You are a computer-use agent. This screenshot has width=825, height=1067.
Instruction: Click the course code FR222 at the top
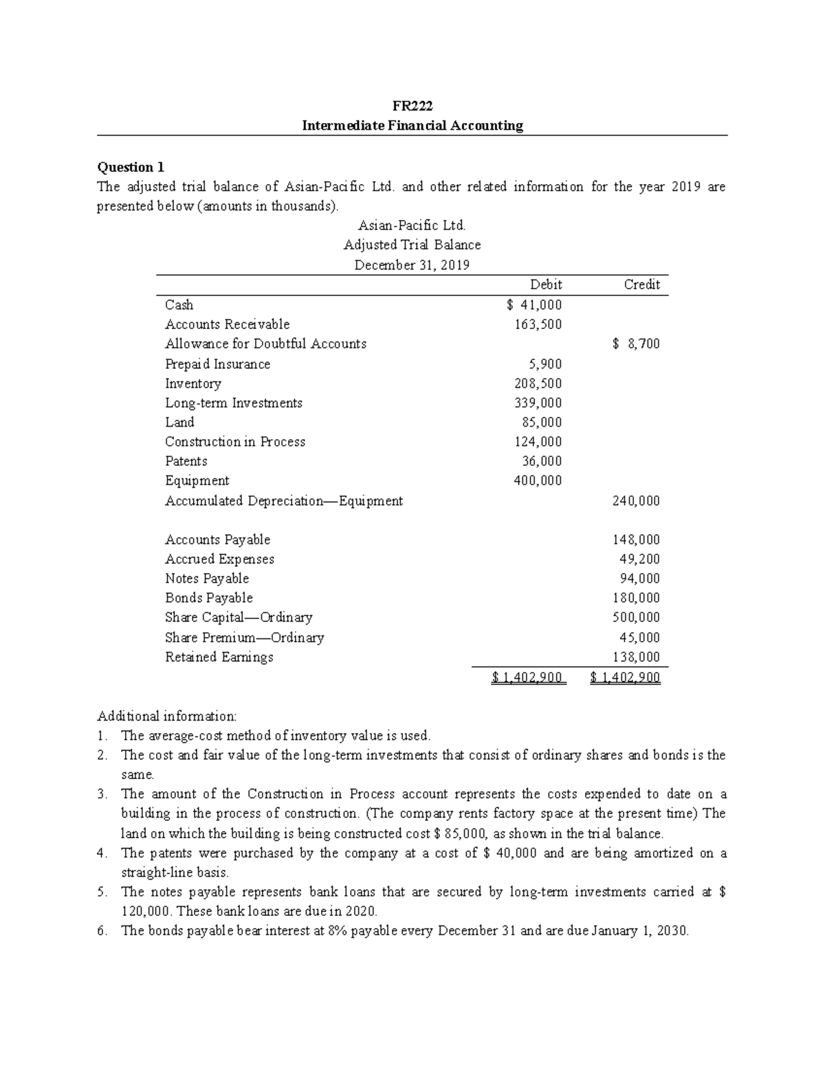[412, 106]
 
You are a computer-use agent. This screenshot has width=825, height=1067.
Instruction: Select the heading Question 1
[131, 167]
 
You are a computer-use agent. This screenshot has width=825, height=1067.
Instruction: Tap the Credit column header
[641, 284]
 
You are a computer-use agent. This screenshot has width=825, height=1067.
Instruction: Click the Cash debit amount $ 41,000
[533, 305]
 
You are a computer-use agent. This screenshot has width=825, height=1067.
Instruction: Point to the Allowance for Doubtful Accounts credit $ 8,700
[635, 344]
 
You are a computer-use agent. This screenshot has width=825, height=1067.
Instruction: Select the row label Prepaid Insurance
[217, 364]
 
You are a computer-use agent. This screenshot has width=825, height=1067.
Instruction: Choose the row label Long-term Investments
[233, 403]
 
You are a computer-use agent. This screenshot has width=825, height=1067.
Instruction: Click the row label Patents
[186, 461]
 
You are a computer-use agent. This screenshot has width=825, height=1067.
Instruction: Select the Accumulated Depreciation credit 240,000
[636, 501]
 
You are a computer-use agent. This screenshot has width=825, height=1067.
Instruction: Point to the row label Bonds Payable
[208, 598]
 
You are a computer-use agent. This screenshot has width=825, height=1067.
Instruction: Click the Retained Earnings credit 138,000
[636, 657]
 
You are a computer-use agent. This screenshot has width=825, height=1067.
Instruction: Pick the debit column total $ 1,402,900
[528, 678]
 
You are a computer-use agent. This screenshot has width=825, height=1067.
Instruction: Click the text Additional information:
[166, 716]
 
